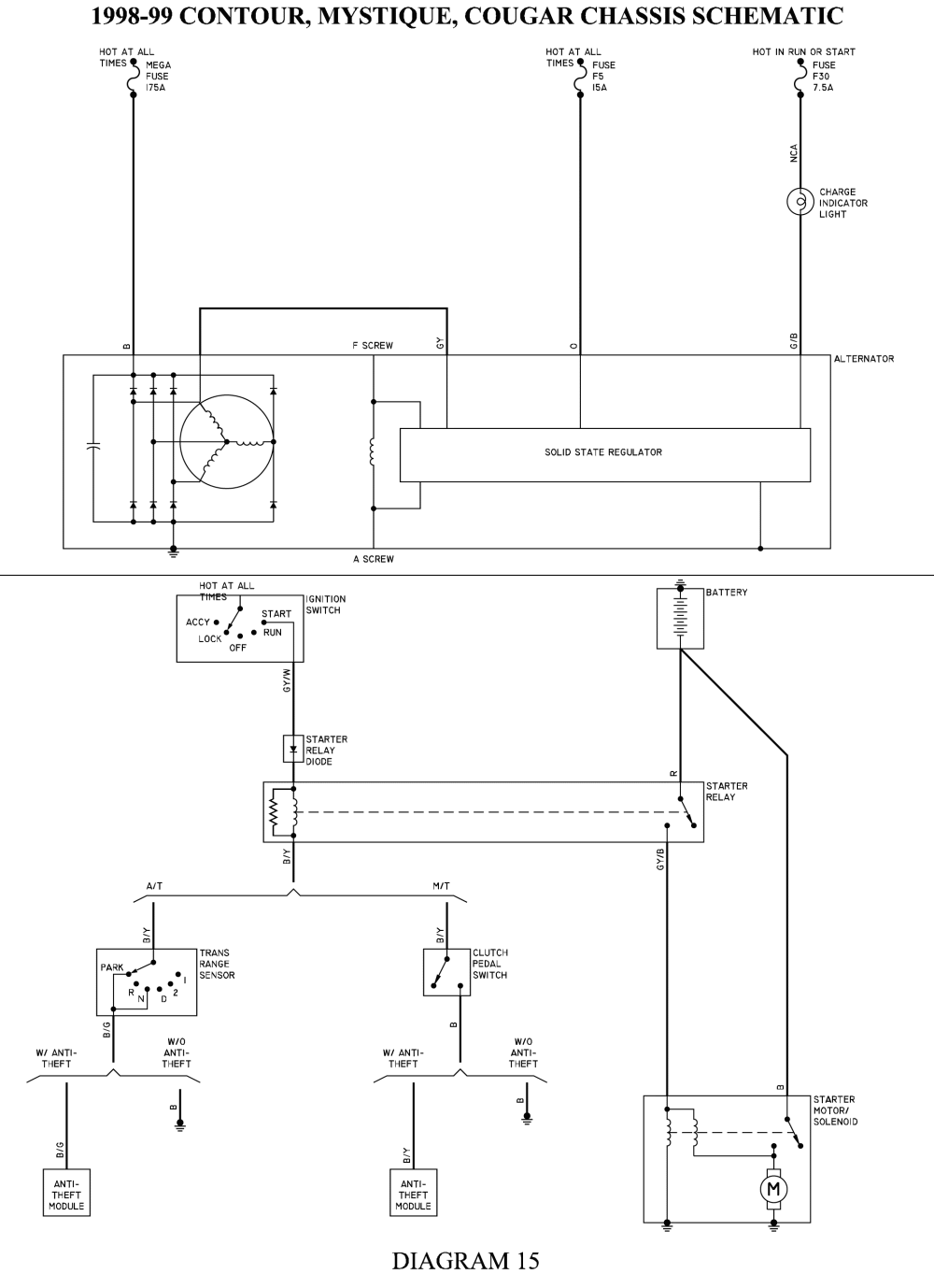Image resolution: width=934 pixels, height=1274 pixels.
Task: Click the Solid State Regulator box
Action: tap(604, 454)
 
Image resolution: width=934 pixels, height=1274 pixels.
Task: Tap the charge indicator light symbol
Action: tap(800, 202)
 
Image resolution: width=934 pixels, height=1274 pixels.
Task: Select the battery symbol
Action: tap(680, 617)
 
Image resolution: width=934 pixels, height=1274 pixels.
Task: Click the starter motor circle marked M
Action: tap(773, 1188)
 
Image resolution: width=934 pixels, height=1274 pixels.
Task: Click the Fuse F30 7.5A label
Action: tap(823, 77)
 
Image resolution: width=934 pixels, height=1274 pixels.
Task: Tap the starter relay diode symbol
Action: tap(293, 749)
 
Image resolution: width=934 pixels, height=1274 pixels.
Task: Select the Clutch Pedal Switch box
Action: tap(446, 972)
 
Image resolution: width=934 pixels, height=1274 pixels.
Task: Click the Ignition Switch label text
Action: tap(325, 605)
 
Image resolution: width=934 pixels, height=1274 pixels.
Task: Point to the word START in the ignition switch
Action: tap(276, 614)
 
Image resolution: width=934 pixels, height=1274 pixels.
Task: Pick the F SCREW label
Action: tap(373, 346)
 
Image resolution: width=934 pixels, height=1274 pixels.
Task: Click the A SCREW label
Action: tap(373, 559)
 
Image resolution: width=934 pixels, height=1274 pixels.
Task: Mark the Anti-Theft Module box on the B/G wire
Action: tap(66, 1195)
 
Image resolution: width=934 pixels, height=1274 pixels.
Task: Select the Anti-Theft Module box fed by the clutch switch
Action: tap(413, 1195)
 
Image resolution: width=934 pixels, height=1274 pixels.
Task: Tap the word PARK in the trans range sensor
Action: tap(112, 967)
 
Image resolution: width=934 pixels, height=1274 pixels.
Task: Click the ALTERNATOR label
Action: tap(864, 359)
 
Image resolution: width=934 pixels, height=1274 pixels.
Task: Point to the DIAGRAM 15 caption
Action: tap(465, 1260)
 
